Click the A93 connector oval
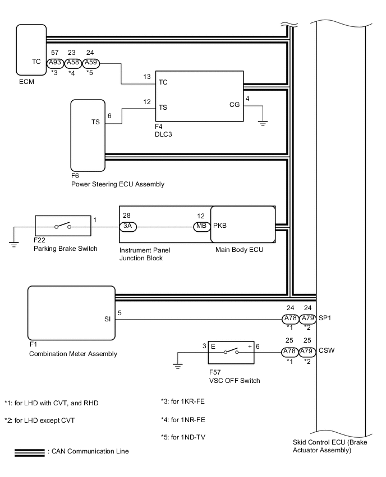(54, 63)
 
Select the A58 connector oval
(73, 63)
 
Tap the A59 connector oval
(91, 63)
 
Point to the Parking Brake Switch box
(63, 226)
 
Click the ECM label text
(26, 82)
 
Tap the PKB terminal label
(219, 226)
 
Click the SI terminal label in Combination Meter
(107, 319)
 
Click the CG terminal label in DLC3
(235, 104)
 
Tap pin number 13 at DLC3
(147, 76)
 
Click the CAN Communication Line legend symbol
(30, 451)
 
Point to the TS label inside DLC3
(163, 107)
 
